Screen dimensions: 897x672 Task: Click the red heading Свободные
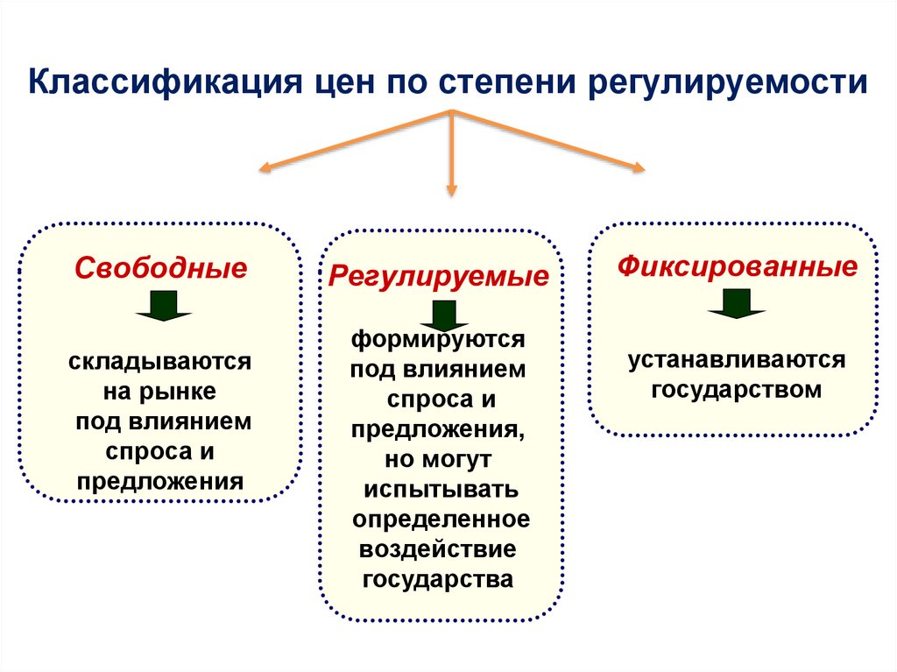click(x=161, y=267)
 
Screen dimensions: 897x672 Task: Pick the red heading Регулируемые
click(x=439, y=277)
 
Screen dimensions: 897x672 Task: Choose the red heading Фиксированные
click(x=737, y=265)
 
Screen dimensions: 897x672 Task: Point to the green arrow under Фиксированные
click(x=737, y=303)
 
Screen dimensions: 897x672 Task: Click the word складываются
click(x=161, y=361)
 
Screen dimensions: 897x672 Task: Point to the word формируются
click(x=439, y=338)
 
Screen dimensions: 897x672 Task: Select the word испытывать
click(x=441, y=489)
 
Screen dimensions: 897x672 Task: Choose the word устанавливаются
click(x=736, y=360)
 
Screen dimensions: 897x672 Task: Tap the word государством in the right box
click(x=737, y=389)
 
